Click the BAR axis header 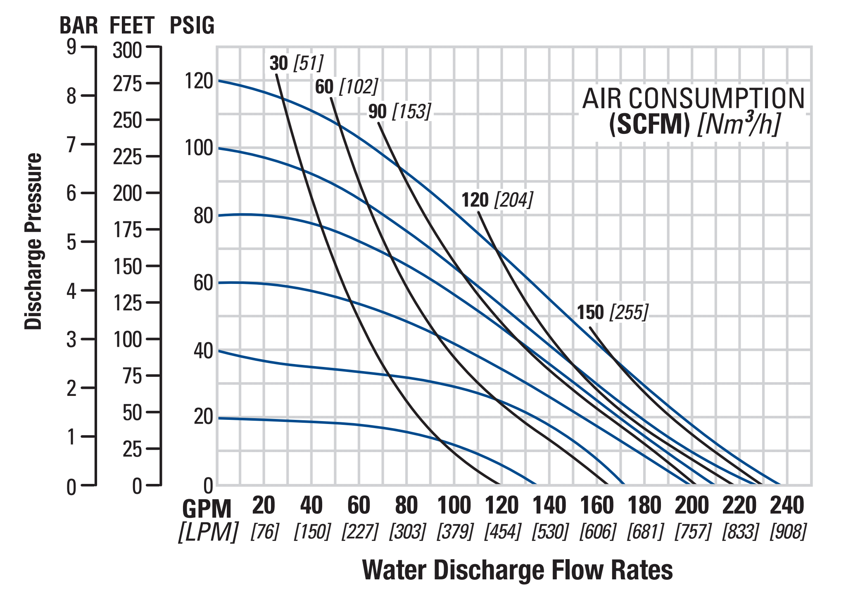(x=78, y=25)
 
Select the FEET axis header (x=132, y=25)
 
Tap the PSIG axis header (x=192, y=25)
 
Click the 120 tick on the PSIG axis (x=198, y=81)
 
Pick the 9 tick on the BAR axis (x=71, y=48)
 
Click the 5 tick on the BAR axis (x=71, y=242)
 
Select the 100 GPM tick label (x=454, y=505)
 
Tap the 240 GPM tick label (x=787, y=505)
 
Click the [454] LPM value (x=502, y=531)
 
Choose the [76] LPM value (x=265, y=531)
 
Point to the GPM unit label (x=207, y=509)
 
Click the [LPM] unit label (x=208, y=532)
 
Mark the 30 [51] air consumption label (x=296, y=63)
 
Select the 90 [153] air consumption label (x=399, y=112)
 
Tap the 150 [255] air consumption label (x=613, y=312)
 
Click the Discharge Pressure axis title (x=33, y=241)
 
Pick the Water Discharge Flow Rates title (x=517, y=570)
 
